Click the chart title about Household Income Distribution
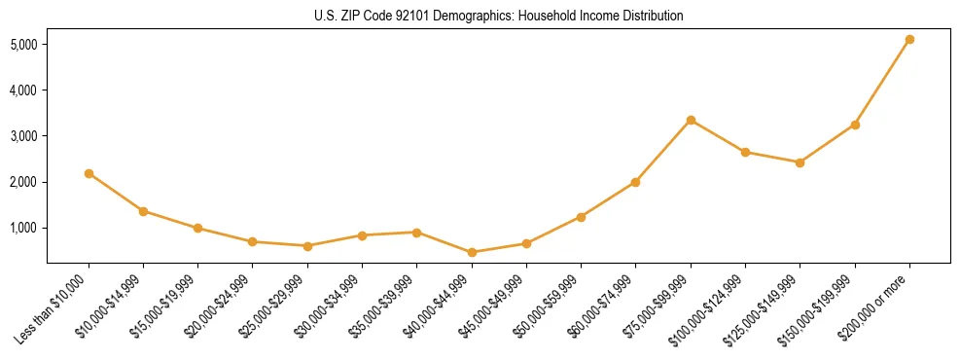(498, 17)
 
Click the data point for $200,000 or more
(909, 40)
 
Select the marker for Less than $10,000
(89, 173)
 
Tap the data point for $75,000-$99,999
(691, 120)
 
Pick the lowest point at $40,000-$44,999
(472, 252)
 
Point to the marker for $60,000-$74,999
(635, 182)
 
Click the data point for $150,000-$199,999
(855, 125)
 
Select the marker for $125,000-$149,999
(800, 162)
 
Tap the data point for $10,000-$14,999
(143, 211)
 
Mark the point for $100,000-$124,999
(745, 152)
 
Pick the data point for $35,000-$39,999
(416, 233)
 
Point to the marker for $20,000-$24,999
(253, 241)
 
